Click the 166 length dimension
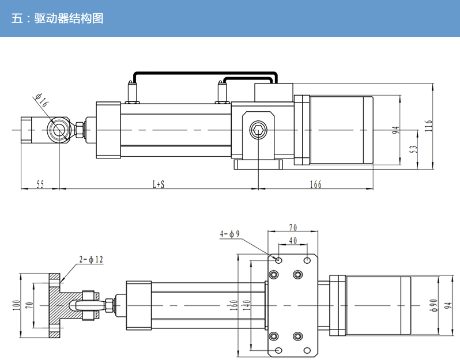pyautogui.click(x=315, y=184)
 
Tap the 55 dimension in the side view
pyautogui.click(x=40, y=184)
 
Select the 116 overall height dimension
pyautogui.click(x=428, y=126)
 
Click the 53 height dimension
pyautogui.click(x=413, y=149)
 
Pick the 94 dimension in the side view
pyautogui.click(x=395, y=130)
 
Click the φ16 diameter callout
pyautogui.click(x=42, y=101)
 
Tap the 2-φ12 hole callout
pyautogui.click(x=92, y=260)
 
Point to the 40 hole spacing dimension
pyautogui.click(x=293, y=240)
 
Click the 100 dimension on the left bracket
pyautogui.click(x=16, y=304)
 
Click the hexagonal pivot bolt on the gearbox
pyautogui.click(x=258, y=131)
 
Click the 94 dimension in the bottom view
pyautogui.click(x=447, y=304)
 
